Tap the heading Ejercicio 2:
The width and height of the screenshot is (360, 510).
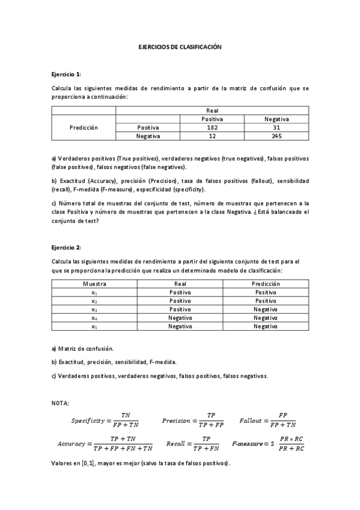(x=66, y=247)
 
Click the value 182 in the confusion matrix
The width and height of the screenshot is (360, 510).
(x=212, y=127)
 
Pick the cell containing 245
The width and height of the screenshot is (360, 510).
(x=276, y=137)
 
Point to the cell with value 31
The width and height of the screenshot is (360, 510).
(x=276, y=127)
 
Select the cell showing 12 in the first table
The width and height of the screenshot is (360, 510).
(x=212, y=137)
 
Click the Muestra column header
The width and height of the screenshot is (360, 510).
(x=94, y=283)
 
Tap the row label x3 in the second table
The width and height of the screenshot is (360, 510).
(x=94, y=309)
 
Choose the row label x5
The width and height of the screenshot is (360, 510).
(x=94, y=326)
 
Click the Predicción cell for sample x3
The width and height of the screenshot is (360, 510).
(x=265, y=309)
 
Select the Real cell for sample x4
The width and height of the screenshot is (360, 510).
(x=180, y=318)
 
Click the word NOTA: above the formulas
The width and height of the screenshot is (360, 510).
(x=61, y=402)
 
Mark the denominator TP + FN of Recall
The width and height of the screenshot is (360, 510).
(x=206, y=448)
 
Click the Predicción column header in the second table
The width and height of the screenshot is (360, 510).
(x=265, y=283)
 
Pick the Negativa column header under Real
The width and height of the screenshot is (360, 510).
(x=276, y=119)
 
